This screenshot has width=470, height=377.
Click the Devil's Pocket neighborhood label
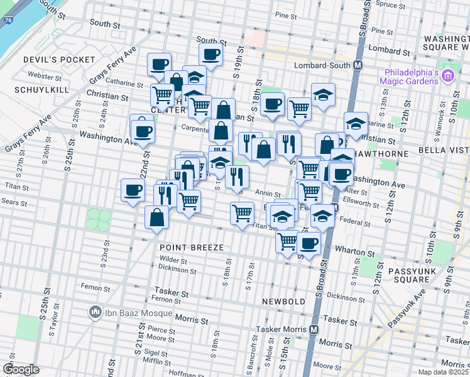coord(50,60)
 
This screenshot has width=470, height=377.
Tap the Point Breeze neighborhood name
coord(192,248)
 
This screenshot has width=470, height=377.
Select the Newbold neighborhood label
coord(284,302)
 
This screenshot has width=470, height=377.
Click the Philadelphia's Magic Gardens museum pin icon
coord(448,77)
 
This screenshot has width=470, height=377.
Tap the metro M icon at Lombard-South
coord(358,65)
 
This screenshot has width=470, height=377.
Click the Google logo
coord(20,369)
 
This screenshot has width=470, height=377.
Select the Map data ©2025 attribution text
coord(443,372)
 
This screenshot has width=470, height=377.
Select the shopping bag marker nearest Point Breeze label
coord(156,217)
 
